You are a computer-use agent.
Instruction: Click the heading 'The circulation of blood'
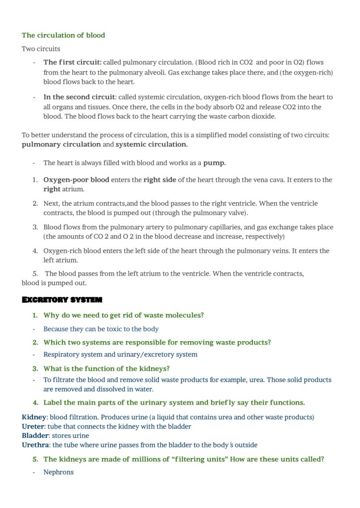pos(63,35)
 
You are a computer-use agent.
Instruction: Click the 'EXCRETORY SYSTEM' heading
pos(62,300)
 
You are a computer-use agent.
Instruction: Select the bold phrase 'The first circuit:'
pos(72,62)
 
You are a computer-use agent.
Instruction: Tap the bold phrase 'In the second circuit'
pos(79,97)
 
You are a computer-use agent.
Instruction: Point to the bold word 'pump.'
pos(214,163)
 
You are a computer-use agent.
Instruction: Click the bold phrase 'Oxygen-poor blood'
pos(76,179)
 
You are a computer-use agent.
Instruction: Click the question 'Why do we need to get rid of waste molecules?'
pos(123,315)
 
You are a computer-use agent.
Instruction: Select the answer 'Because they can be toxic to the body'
pos(101,329)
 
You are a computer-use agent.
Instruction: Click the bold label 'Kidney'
pos(33,417)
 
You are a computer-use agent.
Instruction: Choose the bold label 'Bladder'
pos(35,435)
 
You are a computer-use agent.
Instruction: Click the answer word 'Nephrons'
pos(59,472)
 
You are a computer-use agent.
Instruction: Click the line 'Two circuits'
pos(41,49)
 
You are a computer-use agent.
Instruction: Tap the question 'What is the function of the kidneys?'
pos(107,369)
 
